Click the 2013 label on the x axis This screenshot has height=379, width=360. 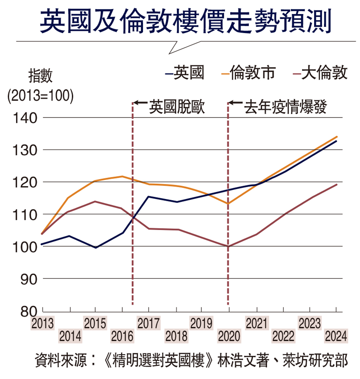point(42,324)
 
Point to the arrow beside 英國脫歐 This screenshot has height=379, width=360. point(141,103)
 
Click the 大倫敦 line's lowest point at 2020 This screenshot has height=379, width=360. point(228,246)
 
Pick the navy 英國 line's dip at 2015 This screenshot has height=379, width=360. point(96,248)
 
